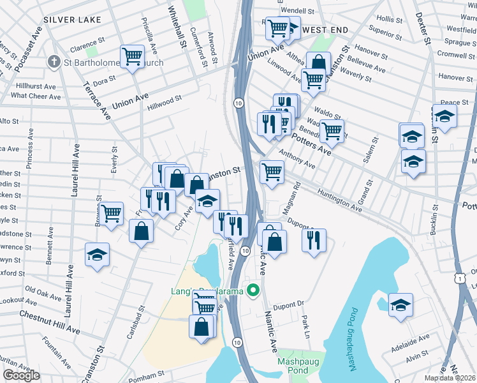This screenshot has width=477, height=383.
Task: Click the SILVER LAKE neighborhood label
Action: (72, 20)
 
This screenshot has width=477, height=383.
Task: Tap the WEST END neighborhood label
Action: (325, 30)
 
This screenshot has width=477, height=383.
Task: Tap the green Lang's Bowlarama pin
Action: (253, 291)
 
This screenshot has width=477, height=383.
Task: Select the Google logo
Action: (21, 375)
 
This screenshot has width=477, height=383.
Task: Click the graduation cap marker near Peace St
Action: (444, 116)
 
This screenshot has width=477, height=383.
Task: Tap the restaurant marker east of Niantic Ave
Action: (313, 240)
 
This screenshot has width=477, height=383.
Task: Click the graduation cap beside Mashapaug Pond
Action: (400, 304)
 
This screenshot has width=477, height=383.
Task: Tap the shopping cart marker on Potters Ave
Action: (331, 131)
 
